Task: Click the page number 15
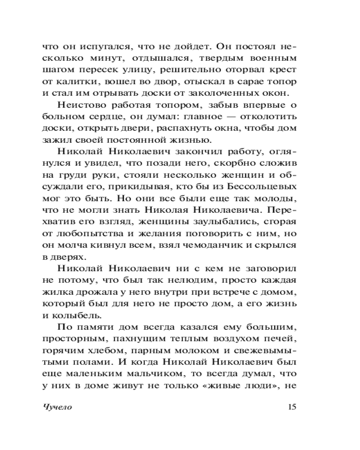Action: click(291, 407)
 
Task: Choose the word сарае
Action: click(250, 81)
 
